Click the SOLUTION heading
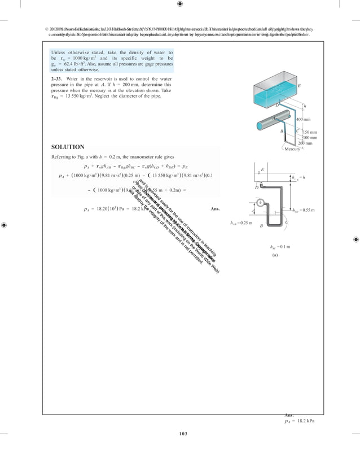68,147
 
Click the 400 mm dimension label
304,120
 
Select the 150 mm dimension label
310,132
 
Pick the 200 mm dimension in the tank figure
305,143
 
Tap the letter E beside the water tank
298,86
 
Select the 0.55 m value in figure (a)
306,211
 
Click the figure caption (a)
275,255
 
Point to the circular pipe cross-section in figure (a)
260,202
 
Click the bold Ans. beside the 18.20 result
214,209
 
